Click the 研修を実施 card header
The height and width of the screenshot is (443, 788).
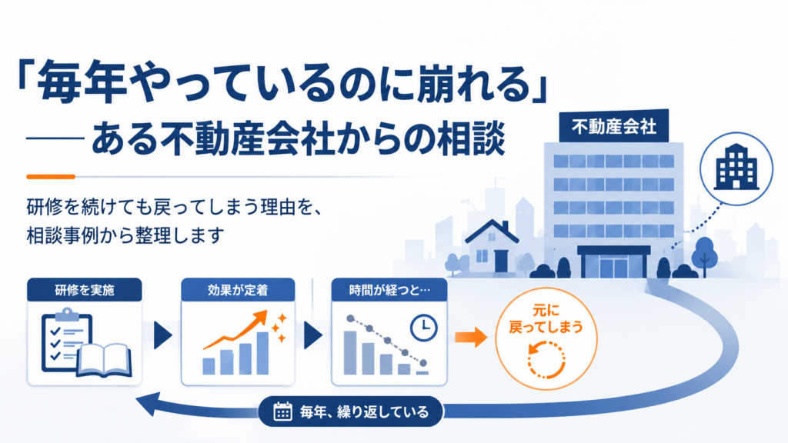coord(85,290)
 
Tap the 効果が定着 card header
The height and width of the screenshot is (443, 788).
coord(238,290)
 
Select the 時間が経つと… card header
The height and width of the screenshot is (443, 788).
coord(389,290)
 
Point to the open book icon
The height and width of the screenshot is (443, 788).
coord(105,361)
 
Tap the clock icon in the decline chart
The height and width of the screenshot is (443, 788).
coord(424,328)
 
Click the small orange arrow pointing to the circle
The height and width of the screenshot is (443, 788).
coord(471,337)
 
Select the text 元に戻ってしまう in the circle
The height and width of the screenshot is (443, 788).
coord(546,319)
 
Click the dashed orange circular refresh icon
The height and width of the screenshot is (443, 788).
coord(546,360)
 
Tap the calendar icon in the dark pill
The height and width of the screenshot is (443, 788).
coord(282,411)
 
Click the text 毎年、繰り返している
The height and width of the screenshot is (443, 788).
coord(364,412)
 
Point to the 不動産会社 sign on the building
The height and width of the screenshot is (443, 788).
coord(613,126)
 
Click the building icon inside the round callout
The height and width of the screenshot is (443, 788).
coord(736,167)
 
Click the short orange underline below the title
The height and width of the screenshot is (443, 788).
coord(51,177)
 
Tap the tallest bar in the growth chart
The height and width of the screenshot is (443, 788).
coord(262,353)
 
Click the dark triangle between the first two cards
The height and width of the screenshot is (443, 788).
coord(163,335)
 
